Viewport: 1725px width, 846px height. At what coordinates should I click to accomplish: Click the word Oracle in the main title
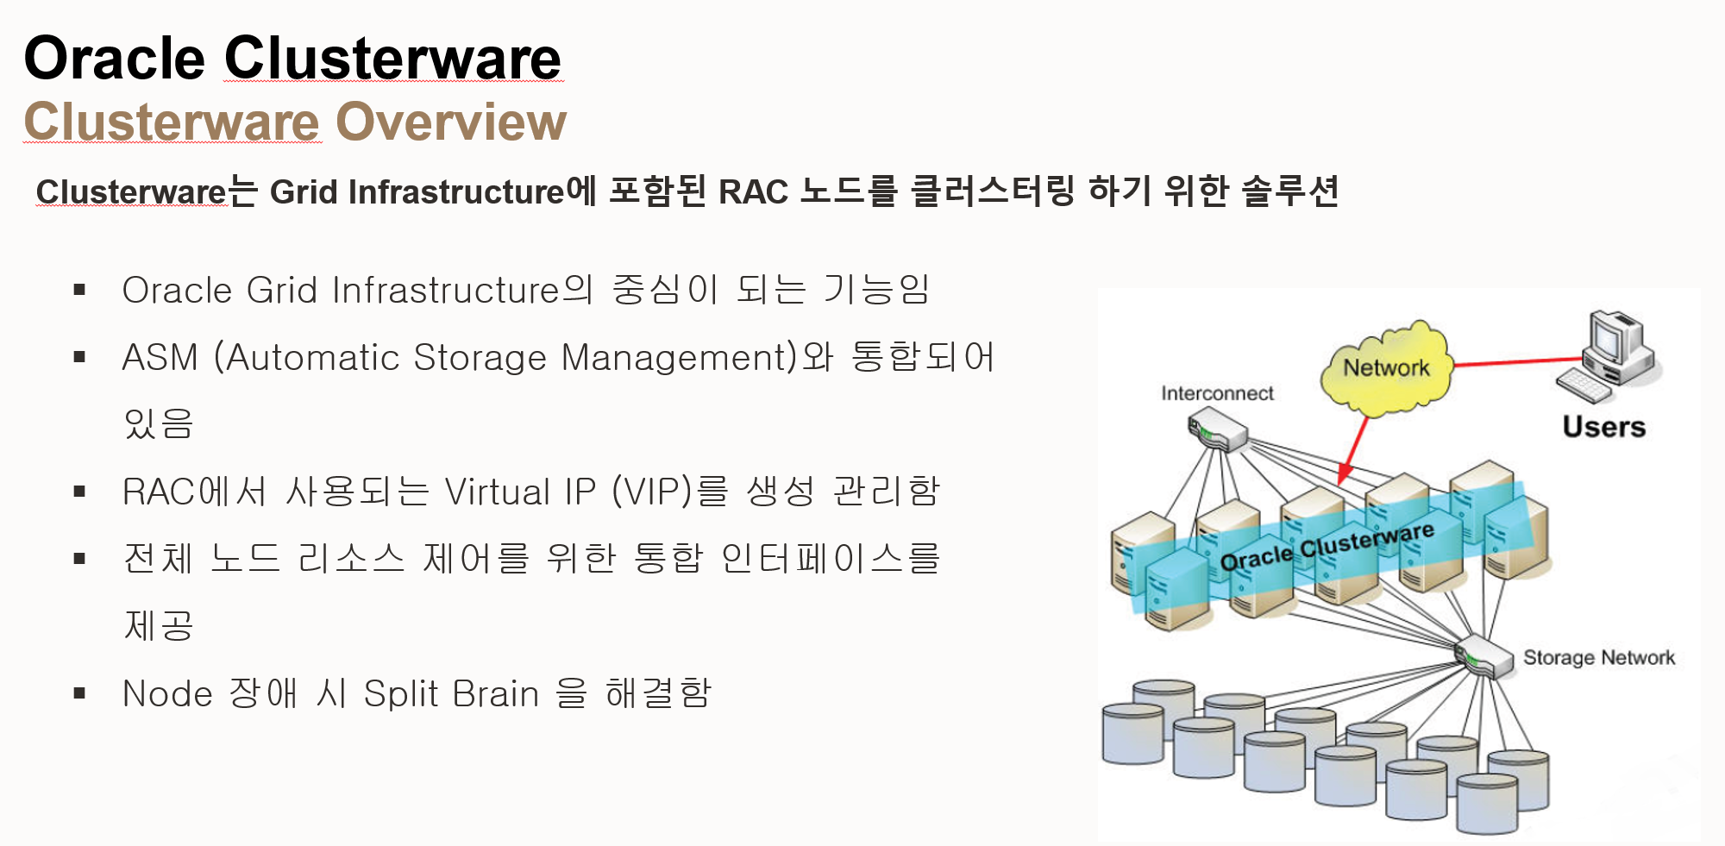[x=114, y=59]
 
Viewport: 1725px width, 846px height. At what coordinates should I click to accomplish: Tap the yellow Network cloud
[x=1386, y=369]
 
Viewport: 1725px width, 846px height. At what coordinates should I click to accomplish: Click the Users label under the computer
[x=1603, y=427]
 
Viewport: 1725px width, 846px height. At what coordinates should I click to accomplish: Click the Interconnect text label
[x=1216, y=393]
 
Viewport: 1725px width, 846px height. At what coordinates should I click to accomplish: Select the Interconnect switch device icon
[x=1217, y=429]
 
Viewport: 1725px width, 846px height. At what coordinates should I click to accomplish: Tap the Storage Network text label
[x=1598, y=657]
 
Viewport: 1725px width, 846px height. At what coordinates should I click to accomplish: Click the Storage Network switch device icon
[x=1483, y=657]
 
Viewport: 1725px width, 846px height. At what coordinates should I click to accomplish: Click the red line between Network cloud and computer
[x=1518, y=362]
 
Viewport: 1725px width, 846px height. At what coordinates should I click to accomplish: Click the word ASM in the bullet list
[x=160, y=357]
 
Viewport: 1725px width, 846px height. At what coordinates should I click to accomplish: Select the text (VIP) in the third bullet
[x=652, y=492]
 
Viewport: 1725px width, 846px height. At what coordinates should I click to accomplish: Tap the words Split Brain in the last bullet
[x=451, y=693]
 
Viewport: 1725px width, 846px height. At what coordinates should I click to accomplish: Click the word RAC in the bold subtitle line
[x=752, y=191]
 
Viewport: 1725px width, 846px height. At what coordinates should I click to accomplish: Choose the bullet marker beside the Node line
[x=80, y=693]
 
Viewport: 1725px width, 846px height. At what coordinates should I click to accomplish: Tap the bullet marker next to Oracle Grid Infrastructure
[x=80, y=290]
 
